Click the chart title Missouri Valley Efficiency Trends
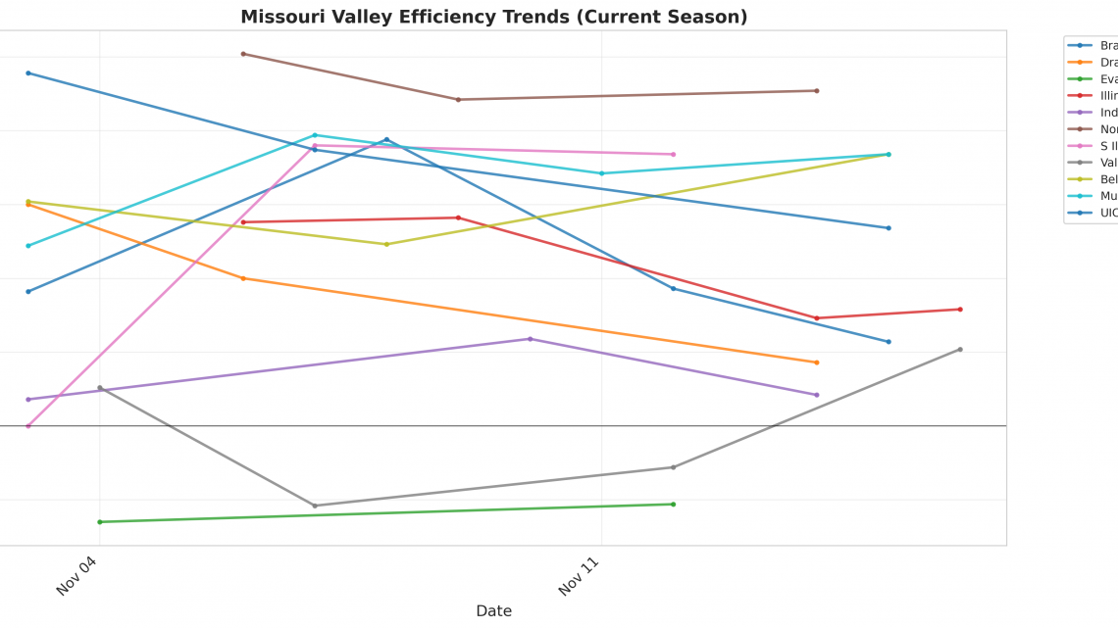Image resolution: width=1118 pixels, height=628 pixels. click(493, 17)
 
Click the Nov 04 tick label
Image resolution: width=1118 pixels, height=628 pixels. click(77, 575)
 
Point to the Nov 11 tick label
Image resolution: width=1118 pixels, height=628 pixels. click(580, 575)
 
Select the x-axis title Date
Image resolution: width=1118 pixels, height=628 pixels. click(493, 610)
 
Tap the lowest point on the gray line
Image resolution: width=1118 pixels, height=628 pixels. click(315, 506)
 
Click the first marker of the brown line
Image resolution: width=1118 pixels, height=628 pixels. click(243, 54)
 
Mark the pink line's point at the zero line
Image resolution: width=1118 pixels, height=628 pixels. click(28, 426)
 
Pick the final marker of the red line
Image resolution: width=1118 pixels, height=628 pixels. click(960, 310)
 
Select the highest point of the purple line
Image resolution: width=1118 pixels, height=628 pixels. click(531, 339)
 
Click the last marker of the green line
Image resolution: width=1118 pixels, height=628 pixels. click(673, 505)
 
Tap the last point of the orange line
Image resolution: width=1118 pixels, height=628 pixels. click(817, 362)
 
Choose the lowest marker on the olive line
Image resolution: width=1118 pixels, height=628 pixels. click(386, 244)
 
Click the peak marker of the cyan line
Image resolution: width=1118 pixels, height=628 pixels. click(315, 135)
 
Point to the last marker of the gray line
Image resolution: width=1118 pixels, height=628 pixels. click(960, 349)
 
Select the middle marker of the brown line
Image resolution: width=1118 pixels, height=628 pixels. click(458, 100)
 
